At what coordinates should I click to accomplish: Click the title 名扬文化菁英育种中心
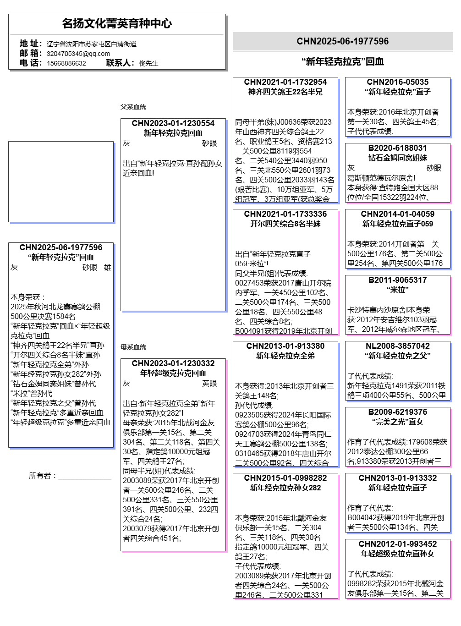click(x=117, y=23)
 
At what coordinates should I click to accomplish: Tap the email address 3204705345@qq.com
click(x=78, y=54)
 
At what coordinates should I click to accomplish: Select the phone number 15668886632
click(x=66, y=63)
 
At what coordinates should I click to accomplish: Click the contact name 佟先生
click(x=148, y=63)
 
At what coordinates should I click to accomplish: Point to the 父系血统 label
click(x=133, y=107)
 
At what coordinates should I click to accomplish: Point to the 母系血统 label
click(x=133, y=347)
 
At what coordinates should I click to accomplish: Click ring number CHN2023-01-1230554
click(x=173, y=123)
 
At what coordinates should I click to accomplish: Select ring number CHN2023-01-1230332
click(x=173, y=363)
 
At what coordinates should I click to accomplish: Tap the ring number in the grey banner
click(x=342, y=41)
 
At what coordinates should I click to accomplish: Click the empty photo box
click(x=61, y=181)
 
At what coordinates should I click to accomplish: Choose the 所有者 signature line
click(x=85, y=477)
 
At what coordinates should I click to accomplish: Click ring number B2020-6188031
click(x=397, y=148)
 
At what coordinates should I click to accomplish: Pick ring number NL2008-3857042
click(x=397, y=346)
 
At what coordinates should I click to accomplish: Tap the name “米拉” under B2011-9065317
click(x=397, y=290)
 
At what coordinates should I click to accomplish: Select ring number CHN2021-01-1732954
click(x=285, y=82)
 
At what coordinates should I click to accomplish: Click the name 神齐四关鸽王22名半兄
click(x=285, y=92)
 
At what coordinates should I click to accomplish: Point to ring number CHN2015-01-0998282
click(x=285, y=478)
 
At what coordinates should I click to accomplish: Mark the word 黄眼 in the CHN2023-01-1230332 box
click(x=209, y=383)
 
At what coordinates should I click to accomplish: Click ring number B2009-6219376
click(x=397, y=412)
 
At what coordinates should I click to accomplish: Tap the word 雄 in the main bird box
click(x=108, y=267)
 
